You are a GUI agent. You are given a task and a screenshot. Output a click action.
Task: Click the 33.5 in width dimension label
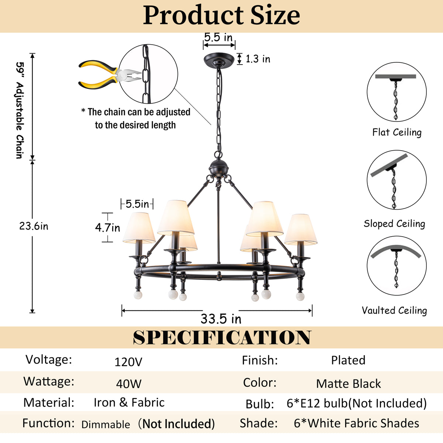221,319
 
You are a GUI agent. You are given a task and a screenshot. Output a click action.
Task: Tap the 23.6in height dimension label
34,226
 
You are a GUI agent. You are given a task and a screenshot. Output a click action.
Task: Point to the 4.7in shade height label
107,228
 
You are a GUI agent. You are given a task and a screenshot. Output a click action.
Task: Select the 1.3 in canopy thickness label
258,59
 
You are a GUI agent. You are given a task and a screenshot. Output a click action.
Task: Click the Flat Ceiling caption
397,133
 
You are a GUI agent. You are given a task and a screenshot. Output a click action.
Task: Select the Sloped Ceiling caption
394,223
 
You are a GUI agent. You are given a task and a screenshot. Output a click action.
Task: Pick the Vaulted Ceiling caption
394,310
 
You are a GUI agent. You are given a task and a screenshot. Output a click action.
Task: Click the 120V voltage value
128,362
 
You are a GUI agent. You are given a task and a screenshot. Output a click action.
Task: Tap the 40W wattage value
128,384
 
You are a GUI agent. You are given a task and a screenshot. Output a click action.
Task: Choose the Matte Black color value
348,384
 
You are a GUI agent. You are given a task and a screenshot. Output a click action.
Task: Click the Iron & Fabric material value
129,402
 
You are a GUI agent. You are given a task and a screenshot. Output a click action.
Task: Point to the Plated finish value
348,360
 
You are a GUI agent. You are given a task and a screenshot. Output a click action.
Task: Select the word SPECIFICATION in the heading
222,337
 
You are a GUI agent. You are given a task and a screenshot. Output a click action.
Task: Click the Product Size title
221,15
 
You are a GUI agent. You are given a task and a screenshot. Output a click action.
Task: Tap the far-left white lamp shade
139,228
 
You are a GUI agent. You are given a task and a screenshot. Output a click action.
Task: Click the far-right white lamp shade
301,229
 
